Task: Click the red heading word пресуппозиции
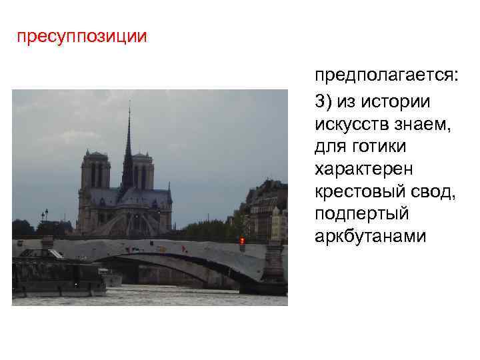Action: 82,36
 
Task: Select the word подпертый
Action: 357,213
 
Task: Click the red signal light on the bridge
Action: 242,240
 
